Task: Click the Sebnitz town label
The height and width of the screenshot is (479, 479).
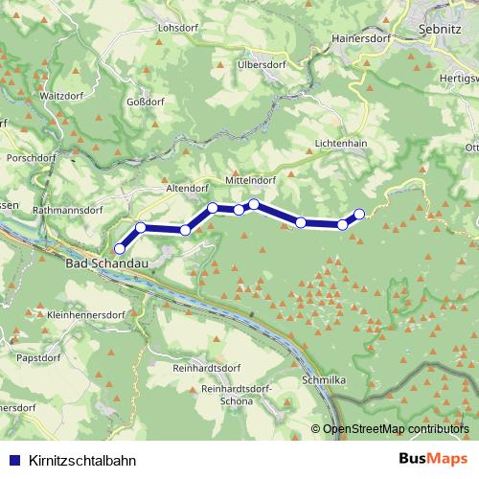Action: (440, 30)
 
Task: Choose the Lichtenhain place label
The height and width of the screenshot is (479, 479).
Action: (342, 142)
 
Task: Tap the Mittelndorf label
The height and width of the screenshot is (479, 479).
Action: (251, 178)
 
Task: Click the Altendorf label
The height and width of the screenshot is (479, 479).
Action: (187, 190)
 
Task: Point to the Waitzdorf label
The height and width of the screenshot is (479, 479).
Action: (61, 97)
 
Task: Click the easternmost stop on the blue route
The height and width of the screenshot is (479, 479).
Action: (359, 214)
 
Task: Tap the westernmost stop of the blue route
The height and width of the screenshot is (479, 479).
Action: (119, 249)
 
